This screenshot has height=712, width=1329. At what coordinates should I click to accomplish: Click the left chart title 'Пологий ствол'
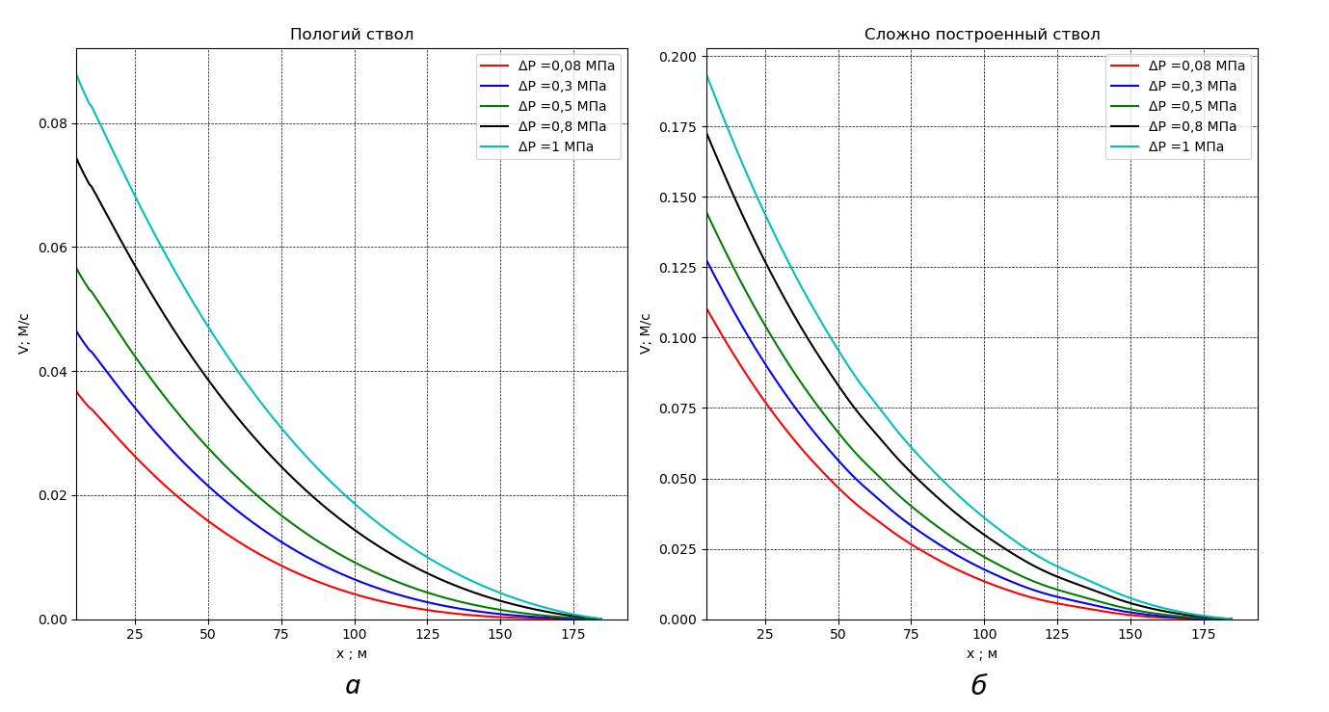352,35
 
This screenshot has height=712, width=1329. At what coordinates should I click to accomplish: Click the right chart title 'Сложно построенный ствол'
982,35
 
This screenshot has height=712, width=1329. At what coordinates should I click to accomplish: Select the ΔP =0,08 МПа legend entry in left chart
566,66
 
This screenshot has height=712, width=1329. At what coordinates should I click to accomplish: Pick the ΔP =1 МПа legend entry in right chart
1185,147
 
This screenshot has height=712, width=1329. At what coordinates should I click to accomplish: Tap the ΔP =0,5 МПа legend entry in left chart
562,107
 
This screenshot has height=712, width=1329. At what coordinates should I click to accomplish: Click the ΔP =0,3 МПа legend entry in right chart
1192,87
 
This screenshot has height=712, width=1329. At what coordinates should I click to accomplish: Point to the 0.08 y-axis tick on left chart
53,123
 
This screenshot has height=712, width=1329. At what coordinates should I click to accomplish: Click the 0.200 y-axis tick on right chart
678,57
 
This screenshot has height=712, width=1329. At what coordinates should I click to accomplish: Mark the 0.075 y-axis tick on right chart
678,409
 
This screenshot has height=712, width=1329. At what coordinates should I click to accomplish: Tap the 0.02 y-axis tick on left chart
53,495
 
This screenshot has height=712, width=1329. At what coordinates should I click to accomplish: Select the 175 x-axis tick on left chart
573,634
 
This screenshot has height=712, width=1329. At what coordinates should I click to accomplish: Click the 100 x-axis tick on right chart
984,634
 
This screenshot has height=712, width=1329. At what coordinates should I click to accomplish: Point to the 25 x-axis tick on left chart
135,634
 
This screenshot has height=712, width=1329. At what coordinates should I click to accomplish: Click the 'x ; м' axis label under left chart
352,654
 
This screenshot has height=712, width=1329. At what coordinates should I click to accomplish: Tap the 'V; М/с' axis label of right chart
646,333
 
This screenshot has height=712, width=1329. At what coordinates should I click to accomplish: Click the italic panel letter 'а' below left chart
353,686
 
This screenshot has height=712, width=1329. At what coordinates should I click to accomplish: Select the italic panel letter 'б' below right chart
979,686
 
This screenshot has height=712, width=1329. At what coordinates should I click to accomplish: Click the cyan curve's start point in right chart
707,75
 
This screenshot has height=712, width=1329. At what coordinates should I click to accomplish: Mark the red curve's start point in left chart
77,391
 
